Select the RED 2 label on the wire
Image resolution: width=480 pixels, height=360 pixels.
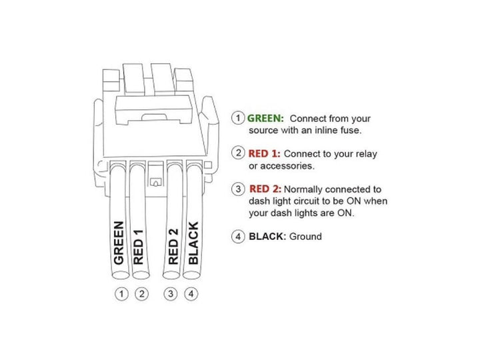click(173, 247)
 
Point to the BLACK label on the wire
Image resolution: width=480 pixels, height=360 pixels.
click(193, 243)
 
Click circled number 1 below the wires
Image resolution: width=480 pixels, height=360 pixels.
click(121, 293)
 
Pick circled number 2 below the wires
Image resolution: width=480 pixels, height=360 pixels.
click(141, 293)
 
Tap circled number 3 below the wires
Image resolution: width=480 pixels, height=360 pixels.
click(172, 293)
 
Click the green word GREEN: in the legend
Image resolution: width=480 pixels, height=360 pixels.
click(265, 117)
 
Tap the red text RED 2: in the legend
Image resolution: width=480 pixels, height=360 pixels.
click(265, 189)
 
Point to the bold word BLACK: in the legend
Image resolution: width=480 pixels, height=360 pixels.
click(267, 236)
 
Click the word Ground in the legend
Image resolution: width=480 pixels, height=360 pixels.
click(305, 236)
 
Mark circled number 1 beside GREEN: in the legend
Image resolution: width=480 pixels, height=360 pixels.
click(238, 117)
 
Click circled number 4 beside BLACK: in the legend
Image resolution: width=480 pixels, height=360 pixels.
click(238, 236)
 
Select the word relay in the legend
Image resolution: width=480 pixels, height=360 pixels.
click(365, 153)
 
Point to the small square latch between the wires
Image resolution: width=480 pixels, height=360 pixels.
click(156, 180)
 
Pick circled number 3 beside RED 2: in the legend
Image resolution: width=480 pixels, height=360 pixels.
click(238, 189)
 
